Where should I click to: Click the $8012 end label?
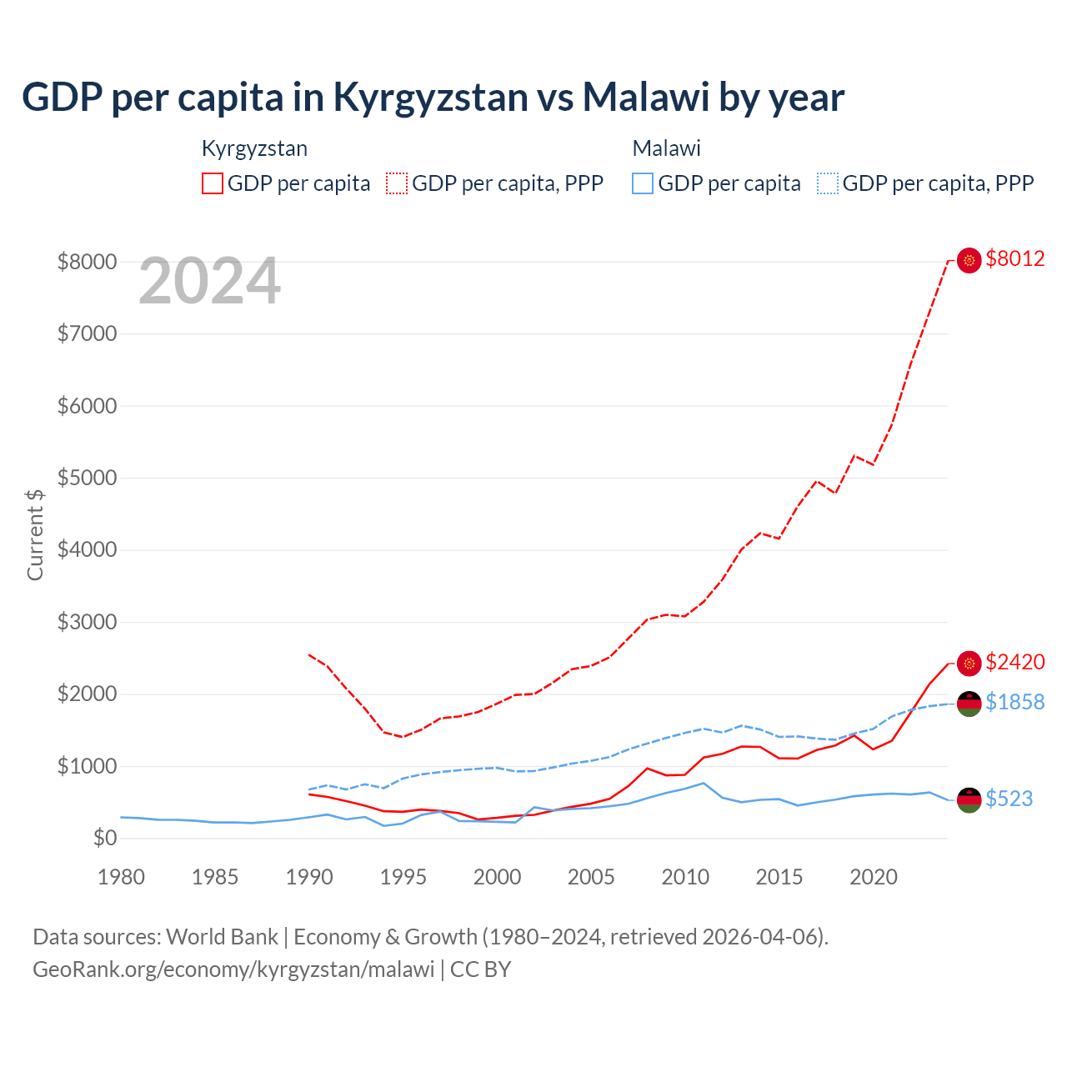coord(1014,259)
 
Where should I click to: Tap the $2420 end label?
coord(1014,663)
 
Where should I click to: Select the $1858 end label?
coord(1014,703)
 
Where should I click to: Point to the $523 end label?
coord(1009,799)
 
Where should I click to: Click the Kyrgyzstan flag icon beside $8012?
coord(969,261)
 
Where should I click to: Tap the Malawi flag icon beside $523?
coord(969,799)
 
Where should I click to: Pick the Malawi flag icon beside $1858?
coord(969,704)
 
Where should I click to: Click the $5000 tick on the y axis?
coord(87,478)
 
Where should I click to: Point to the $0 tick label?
coord(104,838)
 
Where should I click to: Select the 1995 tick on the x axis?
coord(403,877)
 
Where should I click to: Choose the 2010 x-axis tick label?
coord(685,877)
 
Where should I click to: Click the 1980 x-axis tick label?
coord(121,877)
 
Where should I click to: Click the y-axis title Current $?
coord(35,535)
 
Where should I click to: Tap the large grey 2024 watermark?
coord(209,282)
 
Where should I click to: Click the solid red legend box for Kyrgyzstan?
coord(213,183)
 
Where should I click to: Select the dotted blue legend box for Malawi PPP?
coord(828,183)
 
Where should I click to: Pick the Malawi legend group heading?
coord(666,148)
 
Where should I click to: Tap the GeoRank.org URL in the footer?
coord(233,969)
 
